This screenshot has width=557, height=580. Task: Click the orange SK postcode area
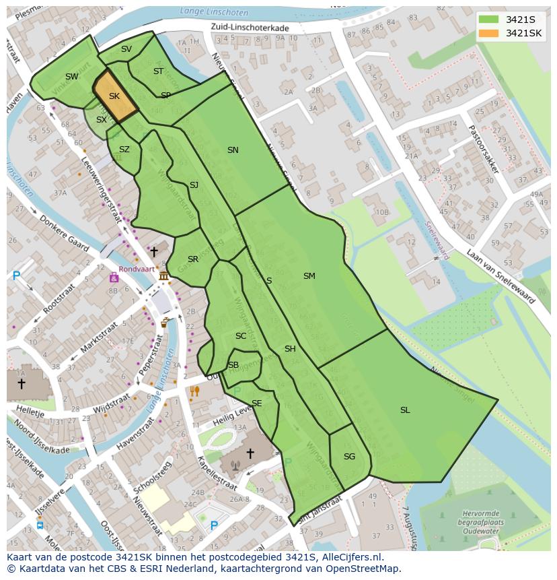114,96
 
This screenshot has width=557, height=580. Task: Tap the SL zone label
405,410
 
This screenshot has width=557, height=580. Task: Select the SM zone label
309,276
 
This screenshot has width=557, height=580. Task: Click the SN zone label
233,150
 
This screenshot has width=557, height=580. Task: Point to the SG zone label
349,457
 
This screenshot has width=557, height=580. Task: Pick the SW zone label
72,77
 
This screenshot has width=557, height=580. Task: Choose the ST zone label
158,71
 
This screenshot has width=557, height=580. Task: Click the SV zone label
126,49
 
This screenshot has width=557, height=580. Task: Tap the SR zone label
193,259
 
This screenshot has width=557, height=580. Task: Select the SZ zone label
124,150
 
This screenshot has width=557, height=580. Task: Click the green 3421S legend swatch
489,19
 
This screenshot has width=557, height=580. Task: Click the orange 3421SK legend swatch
489,33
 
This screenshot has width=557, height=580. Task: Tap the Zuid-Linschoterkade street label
250,28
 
